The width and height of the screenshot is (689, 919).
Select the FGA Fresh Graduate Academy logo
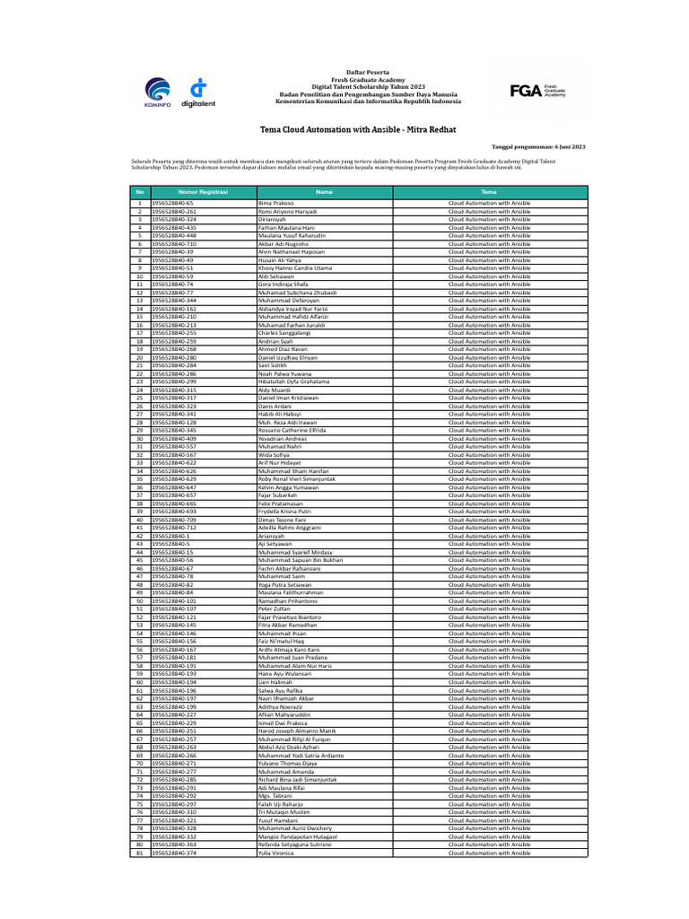coord(538,91)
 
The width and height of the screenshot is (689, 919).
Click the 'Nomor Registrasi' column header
coord(203,192)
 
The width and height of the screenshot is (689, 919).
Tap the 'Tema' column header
coord(489,192)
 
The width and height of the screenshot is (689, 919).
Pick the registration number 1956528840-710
coord(174,244)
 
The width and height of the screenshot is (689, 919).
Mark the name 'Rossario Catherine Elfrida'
coord(292,430)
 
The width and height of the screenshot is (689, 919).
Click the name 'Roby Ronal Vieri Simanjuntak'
coord(295,478)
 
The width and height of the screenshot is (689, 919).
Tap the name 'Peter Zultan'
coord(274,608)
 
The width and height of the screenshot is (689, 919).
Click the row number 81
coord(140,853)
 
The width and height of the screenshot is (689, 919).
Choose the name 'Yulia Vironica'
coord(277,853)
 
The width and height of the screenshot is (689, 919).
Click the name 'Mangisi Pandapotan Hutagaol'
coord(297,836)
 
